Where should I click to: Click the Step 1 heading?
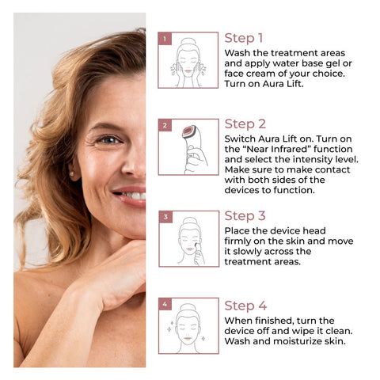click(x=244, y=38)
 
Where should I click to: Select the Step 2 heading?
click(x=245, y=123)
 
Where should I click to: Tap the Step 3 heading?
click(x=245, y=215)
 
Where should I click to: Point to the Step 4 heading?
click(x=245, y=305)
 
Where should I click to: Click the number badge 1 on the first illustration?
click(x=165, y=38)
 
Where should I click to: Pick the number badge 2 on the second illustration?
click(x=165, y=125)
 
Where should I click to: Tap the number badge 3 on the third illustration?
click(x=165, y=216)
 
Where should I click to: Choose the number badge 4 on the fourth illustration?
click(x=165, y=304)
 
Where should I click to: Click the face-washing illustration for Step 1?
click(x=188, y=61)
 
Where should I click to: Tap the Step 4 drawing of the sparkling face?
click(x=188, y=327)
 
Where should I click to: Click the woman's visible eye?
click(x=109, y=140)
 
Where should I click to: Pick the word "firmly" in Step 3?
click(x=241, y=241)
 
